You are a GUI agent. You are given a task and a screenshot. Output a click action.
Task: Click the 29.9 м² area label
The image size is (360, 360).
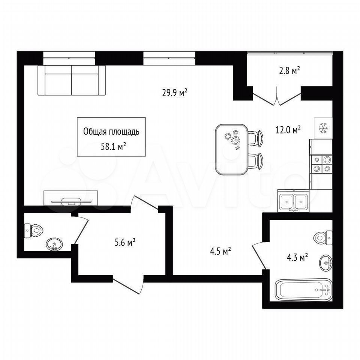[x=175, y=93]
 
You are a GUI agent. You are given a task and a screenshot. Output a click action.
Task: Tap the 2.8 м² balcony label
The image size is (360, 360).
[x=289, y=71]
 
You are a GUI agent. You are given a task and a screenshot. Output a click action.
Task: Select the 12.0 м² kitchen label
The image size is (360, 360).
[x=288, y=130]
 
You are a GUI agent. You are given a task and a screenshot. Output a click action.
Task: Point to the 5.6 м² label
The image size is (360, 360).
[x=125, y=242]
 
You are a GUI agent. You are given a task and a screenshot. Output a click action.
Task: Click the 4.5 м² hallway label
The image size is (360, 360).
[x=220, y=251]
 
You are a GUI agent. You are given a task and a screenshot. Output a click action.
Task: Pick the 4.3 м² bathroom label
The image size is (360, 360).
[x=297, y=257]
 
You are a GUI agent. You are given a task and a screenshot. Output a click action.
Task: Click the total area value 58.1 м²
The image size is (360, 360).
[x=113, y=146]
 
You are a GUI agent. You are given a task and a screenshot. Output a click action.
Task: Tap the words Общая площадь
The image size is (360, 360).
[x=111, y=132]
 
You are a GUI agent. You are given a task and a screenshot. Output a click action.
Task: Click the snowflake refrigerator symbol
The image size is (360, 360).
[x=323, y=128]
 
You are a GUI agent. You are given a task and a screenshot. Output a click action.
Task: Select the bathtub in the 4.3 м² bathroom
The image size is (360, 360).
[x=303, y=290]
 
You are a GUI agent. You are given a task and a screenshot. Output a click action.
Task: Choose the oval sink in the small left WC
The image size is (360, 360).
[x=54, y=244]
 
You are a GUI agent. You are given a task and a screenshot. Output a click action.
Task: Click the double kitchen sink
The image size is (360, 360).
[x=293, y=201]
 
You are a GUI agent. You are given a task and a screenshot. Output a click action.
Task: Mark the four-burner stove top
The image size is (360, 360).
[x=321, y=164]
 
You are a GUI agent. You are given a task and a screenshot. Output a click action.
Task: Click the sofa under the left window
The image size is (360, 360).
[x=72, y=80]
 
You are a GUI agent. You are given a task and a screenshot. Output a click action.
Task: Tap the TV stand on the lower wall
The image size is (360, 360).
[x=71, y=198]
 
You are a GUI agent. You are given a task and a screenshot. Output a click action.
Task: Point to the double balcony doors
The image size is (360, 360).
[x=277, y=96]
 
